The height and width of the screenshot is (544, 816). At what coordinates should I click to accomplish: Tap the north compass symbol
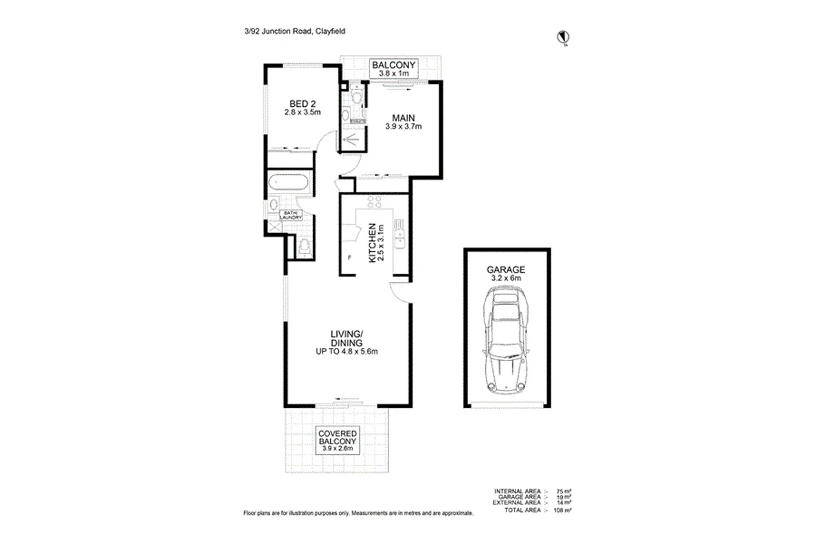pyautogui.click(x=562, y=38)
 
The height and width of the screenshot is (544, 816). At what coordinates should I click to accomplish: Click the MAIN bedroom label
pyautogui.click(x=403, y=122)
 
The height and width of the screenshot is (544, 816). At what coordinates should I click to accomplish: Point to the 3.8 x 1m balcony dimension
pyautogui.click(x=393, y=73)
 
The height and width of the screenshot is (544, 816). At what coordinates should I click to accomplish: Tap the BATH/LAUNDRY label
pyautogui.click(x=290, y=214)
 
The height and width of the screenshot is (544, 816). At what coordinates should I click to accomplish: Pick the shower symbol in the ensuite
pyautogui.click(x=352, y=140)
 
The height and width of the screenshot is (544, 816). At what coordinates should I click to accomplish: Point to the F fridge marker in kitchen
pyautogui.click(x=349, y=257)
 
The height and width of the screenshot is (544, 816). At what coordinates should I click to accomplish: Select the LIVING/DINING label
pyautogui.click(x=347, y=342)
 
